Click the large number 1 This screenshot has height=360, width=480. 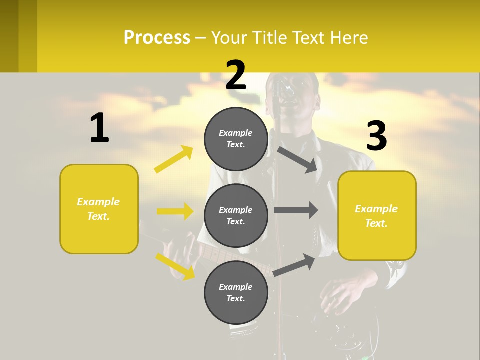pyautogui.click(x=99, y=128)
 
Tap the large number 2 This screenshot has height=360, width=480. pyautogui.click(x=236, y=75)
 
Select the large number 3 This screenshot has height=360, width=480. pyautogui.click(x=376, y=136)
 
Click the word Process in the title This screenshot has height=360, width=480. pyautogui.click(x=157, y=37)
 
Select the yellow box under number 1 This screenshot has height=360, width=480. pyautogui.click(x=99, y=209)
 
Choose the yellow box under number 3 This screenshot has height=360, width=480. pyautogui.click(x=377, y=215)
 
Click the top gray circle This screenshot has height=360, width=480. pyautogui.click(x=236, y=139)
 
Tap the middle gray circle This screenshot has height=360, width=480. pyautogui.click(x=236, y=215)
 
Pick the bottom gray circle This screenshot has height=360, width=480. pyautogui.click(x=236, y=292)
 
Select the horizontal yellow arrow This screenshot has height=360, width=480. pyautogui.click(x=175, y=211)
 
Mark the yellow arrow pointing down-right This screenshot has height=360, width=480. pyautogui.click(x=175, y=266)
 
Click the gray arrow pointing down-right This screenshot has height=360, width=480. pyautogui.click(x=297, y=159)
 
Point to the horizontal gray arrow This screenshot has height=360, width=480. pyautogui.click(x=296, y=210)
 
